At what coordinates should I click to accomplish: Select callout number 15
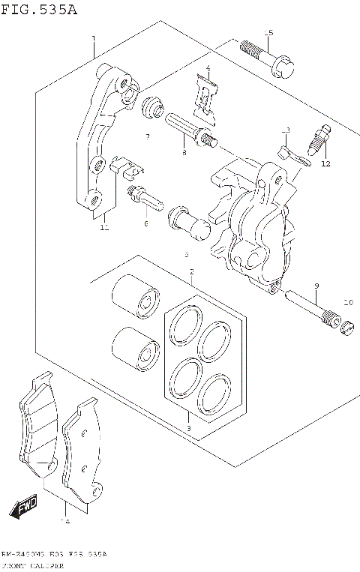268,32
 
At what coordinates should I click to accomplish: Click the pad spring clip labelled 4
205,97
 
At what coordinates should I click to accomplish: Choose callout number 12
325,163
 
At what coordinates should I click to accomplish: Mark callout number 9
316,286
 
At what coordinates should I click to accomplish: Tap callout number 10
346,302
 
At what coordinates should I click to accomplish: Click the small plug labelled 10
346,326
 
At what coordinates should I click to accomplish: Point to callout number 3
188,428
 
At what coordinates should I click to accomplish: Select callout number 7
148,136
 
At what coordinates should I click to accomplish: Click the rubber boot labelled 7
153,109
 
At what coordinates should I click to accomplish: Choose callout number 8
183,153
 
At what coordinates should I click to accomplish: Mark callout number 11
104,226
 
